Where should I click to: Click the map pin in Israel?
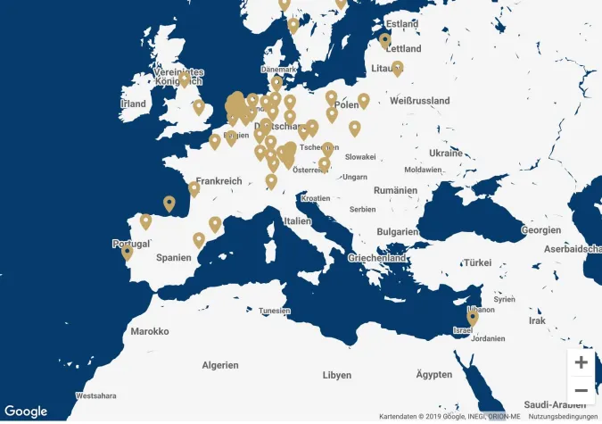[473, 318]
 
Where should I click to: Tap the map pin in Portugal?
[128, 253]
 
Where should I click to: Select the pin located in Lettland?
[385, 40]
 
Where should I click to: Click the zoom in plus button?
[581, 362]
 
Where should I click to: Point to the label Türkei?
[477, 263]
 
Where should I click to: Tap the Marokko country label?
[149, 331]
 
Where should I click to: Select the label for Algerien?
[219, 365]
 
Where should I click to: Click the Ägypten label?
[434, 374]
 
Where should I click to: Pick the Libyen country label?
[337, 375]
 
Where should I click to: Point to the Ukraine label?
[446, 154]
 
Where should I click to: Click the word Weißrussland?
[419, 101]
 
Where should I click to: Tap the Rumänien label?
[396, 190]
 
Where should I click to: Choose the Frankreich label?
[219, 181]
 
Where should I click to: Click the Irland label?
[133, 104]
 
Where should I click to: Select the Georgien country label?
[541, 230]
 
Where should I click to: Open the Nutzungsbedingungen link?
[562, 417]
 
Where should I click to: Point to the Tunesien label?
[275, 311]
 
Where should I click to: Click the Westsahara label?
[96, 395]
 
